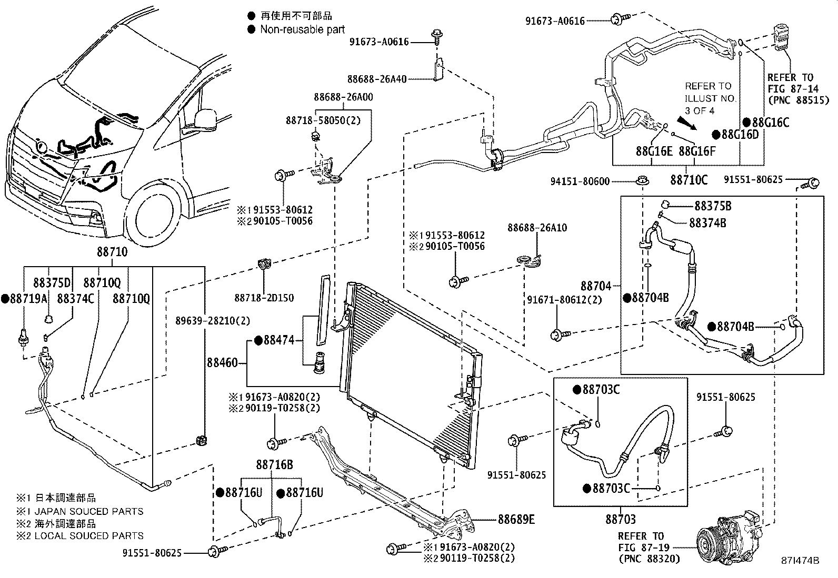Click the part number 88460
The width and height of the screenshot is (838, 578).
[222, 363]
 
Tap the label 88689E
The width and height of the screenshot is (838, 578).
[516, 520]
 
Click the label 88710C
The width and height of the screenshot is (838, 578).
[689, 180]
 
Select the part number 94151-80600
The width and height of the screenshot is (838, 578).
[580, 181]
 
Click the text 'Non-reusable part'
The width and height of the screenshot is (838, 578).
[302, 29]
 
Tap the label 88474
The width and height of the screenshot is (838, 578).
[278, 341]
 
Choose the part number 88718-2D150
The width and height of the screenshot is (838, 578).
[264, 298]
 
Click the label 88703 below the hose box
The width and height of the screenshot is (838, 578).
[620, 520]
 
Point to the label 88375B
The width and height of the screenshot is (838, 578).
[713, 206]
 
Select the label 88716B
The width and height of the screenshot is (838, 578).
[275, 464]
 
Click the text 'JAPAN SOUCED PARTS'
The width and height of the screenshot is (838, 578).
[88, 511]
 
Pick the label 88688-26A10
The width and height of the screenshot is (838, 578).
[537, 228]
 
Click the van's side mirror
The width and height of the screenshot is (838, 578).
[207, 120]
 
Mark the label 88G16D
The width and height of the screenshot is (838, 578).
[740, 135]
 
